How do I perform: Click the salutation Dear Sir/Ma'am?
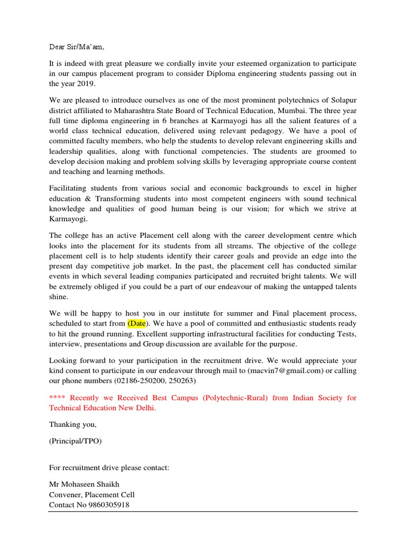[x=80, y=46]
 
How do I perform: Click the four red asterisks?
[x=57, y=398]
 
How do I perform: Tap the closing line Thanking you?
[x=72, y=425]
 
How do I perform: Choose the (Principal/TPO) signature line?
[x=75, y=442]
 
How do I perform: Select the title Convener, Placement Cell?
[x=91, y=495]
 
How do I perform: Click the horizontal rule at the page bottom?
[x=203, y=511]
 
